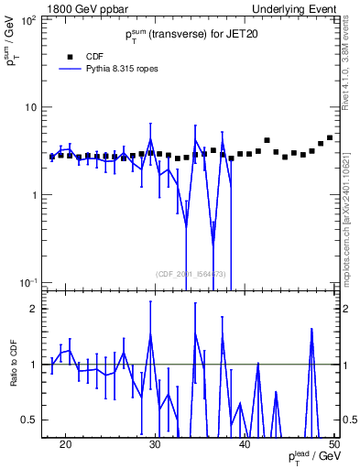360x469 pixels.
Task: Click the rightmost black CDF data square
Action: tap(330, 137)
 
